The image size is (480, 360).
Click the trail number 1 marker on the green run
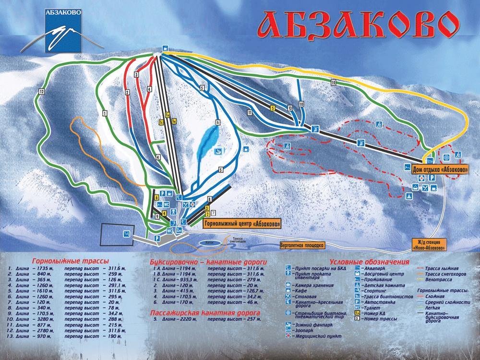tap(104, 113)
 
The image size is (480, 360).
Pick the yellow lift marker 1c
tap(161, 122)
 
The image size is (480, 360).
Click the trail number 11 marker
tap(250, 112)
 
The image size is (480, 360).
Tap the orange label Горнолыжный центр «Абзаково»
tap(241, 224)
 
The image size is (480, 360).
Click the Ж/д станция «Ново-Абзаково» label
tap(429, 244)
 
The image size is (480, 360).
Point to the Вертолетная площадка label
tap(302, 245)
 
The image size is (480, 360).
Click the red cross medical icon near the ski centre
tap(193, 204)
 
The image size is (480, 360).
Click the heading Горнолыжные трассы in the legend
tap(70, 260)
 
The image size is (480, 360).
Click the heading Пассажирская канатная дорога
tap(205, 312)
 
